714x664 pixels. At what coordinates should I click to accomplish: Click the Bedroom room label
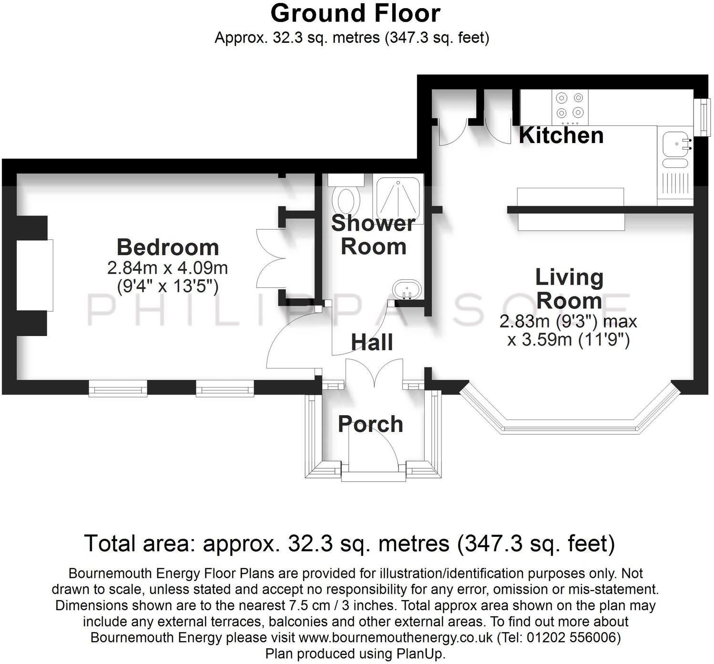click(168, 247)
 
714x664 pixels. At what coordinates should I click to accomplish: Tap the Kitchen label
click(561, 135)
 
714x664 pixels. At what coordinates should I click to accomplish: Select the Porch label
click(370, 424)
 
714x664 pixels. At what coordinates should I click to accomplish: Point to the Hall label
click(372, 342)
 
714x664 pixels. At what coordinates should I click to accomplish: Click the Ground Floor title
click(355, 13)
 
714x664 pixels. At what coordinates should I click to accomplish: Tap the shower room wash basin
click(406, 289)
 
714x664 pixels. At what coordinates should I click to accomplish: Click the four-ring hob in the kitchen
click(570, 105)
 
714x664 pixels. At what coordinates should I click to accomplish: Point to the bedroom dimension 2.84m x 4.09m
click(168, 268)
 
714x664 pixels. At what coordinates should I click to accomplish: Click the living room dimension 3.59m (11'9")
click(569, 340)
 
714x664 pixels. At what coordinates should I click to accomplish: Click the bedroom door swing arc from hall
click(291, 338)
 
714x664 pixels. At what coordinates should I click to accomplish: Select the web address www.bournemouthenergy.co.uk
click(396, 637)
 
